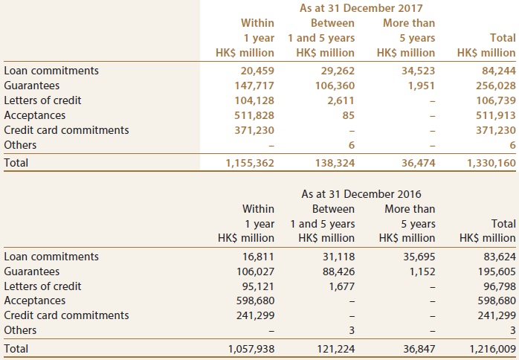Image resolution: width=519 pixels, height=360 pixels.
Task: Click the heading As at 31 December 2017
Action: pos(361,8)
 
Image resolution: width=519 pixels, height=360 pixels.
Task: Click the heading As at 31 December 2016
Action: pos(361,194)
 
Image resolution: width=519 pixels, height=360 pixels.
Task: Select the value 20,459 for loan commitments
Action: pos(254,71)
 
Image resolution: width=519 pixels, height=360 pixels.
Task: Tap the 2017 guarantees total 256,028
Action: pos(496,86)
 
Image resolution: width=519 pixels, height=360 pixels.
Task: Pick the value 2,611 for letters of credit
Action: pos(342,100)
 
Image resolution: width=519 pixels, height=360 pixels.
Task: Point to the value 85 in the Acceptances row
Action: pos(349,115)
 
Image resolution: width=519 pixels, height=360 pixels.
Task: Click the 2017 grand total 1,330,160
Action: pos(491,163)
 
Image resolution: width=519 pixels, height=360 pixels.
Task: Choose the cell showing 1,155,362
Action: pos(250,163)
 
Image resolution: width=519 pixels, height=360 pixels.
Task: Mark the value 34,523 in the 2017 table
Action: pos(419,71)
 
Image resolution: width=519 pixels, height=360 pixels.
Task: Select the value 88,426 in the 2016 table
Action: pos(338,271)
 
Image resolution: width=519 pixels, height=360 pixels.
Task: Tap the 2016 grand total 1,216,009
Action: pos(492,349)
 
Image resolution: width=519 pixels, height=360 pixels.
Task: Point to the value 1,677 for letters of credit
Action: pos(342,286)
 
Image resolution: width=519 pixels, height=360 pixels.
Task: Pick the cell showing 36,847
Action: pos(419,349)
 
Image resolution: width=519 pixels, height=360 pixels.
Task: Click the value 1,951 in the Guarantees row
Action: pos(422,86)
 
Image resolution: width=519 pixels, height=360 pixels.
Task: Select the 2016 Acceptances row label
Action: pos(35,300)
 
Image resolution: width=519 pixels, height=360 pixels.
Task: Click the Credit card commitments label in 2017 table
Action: pos(66,130)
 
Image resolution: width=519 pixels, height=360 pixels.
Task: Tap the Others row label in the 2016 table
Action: pos(20,330)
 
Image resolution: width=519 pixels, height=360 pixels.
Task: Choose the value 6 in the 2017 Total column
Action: pos(512,145)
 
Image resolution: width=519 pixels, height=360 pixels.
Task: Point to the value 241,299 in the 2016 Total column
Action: pos(497,315)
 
